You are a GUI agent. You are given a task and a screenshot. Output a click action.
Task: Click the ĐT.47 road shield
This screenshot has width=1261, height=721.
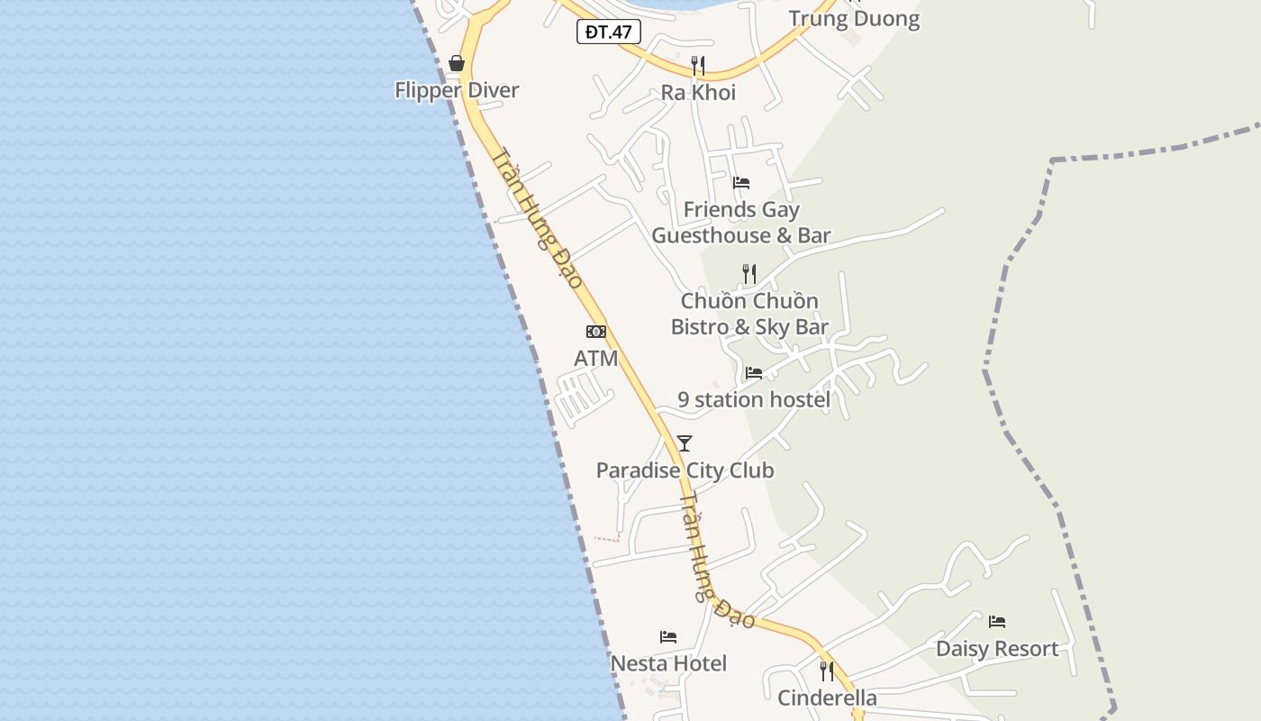(608, 32)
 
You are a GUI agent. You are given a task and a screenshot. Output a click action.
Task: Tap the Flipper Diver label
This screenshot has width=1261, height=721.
(457, 90)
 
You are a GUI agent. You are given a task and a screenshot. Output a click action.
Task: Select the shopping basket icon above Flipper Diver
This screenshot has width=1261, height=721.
(457, 63)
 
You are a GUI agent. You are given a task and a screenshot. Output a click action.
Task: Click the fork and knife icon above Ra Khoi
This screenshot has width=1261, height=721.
(697, 65)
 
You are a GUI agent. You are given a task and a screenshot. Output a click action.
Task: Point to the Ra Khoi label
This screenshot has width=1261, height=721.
(698, 93)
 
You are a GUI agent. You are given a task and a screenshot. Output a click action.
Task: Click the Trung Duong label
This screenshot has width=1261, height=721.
(854, 19)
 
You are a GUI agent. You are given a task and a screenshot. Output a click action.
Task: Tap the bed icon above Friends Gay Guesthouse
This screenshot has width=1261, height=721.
(741, 182)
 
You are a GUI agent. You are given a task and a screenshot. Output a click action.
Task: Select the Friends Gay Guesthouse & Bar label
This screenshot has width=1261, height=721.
(741, 223)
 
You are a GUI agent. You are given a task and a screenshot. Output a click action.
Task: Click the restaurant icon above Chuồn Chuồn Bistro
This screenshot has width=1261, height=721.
(749, 273)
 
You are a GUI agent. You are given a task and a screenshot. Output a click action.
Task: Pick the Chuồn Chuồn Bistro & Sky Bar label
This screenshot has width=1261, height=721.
(749, 314)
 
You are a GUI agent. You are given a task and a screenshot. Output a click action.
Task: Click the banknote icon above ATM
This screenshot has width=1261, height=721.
(596, 332)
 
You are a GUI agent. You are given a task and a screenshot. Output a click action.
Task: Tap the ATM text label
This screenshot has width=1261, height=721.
(596, 359)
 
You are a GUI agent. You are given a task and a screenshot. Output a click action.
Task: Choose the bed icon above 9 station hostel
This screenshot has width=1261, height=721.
(754, 372)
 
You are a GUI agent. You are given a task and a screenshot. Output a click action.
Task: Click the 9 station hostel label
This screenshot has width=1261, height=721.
(754, 399)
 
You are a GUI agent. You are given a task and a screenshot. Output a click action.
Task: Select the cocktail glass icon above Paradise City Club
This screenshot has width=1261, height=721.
(685, 443)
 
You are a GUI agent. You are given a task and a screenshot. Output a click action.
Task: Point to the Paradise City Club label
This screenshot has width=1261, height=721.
(685, 470)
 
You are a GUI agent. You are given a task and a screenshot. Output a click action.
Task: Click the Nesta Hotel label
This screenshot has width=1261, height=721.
(668, 664)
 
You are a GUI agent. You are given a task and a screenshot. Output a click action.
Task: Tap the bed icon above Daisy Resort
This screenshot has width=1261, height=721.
(997, 622)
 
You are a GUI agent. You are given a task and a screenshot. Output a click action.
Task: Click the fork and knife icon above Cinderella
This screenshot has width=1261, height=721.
(827, 671)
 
